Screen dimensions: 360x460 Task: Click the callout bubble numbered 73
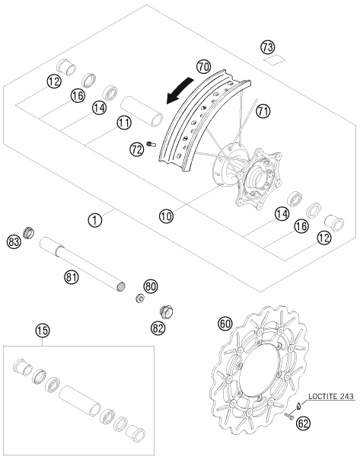pyautogui.click(x=268, y=47)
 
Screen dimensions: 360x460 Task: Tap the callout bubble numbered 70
pyautogui.click(x=203, y=67)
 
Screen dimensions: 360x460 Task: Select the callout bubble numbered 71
pyautogui.click(x=263, y=111)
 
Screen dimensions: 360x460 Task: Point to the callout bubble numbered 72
pyautogui.click(x=137, y=150)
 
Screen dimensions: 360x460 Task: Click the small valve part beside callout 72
pyautogui.click(x=151, y=144)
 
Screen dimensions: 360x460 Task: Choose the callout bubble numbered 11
pyautogui.click(x=124, y=123)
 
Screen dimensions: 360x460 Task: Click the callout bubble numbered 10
pyautogui.click(x=166, y=216)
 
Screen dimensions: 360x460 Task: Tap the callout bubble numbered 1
pyautogui.click(x=95, y=220)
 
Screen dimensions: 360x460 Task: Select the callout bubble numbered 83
pyautogui.click(x=14, y=243)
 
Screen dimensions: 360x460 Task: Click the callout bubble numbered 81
pyautogui.click(x=72, y=277)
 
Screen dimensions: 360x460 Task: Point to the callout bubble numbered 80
pyautogui.click(x=151, y=286)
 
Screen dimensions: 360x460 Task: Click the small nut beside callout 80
pyautogui.click(x=140, y=299)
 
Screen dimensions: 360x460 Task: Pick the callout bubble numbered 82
pyautogui.click(x=158, y=328)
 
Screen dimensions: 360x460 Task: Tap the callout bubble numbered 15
pyautogui.click(x=43, y=331)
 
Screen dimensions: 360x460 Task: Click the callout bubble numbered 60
pyautogui.click(x=225, y=324)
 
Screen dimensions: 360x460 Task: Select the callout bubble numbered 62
pyautogui.click(x=303, y=423)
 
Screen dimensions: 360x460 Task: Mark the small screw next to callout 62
pyautogui.click(x=288, y=416)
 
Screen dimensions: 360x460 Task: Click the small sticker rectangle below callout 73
pyautogui.click(x=275, y=60)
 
